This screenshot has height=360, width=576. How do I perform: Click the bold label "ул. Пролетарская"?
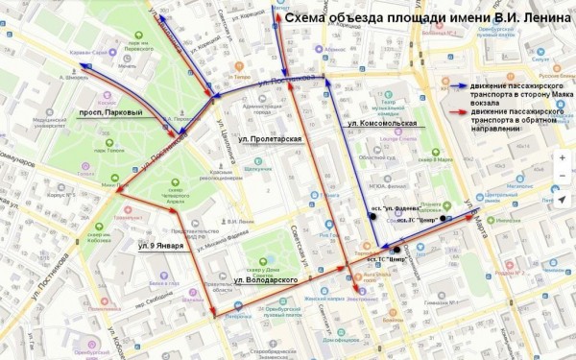click(264, 140)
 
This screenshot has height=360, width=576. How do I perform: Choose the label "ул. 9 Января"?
click(160, 246)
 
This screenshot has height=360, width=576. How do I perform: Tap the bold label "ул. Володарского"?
click(263, 278)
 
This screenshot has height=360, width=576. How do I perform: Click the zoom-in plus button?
click(561, 157)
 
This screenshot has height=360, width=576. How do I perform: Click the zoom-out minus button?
click(561, 179)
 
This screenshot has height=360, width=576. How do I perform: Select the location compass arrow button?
click(561, 200)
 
